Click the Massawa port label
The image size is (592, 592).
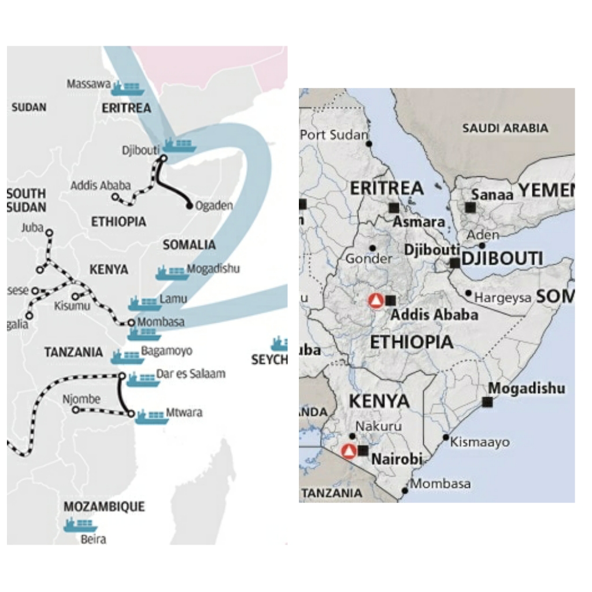[88, 84]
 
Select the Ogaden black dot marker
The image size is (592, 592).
[189, 206]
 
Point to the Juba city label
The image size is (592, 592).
[32, 227]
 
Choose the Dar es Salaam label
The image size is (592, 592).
[191, 374]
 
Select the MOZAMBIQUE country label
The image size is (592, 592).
[104, 507]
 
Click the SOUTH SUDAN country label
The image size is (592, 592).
[26, 200]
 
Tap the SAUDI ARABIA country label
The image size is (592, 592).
[505, 128]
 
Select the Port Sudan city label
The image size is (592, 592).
[334, 135]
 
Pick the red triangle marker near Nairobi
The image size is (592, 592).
[349, 451]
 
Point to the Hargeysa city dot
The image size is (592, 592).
[468, 294]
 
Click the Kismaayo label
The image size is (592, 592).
[480, 442]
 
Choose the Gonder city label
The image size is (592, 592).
[369, 259]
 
